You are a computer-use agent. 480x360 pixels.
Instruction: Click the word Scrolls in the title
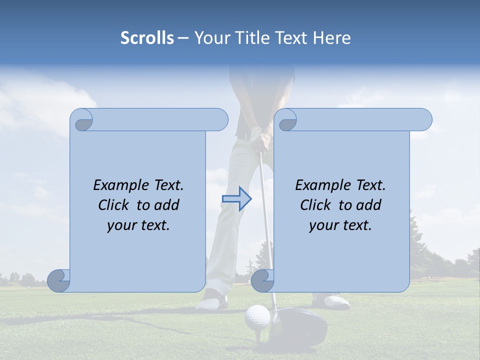[x=147, y=38]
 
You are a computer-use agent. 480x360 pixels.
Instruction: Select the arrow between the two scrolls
[x=237, y=199]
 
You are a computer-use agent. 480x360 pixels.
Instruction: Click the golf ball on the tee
[x=257, y=317]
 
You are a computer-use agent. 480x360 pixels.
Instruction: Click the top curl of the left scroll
[x=83, y=120]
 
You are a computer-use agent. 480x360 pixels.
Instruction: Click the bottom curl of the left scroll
[x=59, y=280]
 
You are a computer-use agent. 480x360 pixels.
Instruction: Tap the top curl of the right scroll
[x=287, y=120]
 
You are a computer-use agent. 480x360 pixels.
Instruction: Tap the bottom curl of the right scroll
[x=262, y=280]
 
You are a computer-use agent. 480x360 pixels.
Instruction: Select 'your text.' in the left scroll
[x=138, y=225]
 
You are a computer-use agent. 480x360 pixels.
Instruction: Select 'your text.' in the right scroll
[x=340, y=225]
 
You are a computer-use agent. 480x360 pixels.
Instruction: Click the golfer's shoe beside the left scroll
[x=212, y=301]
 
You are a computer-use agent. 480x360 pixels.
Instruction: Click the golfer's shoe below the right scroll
[x=331, y=301]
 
